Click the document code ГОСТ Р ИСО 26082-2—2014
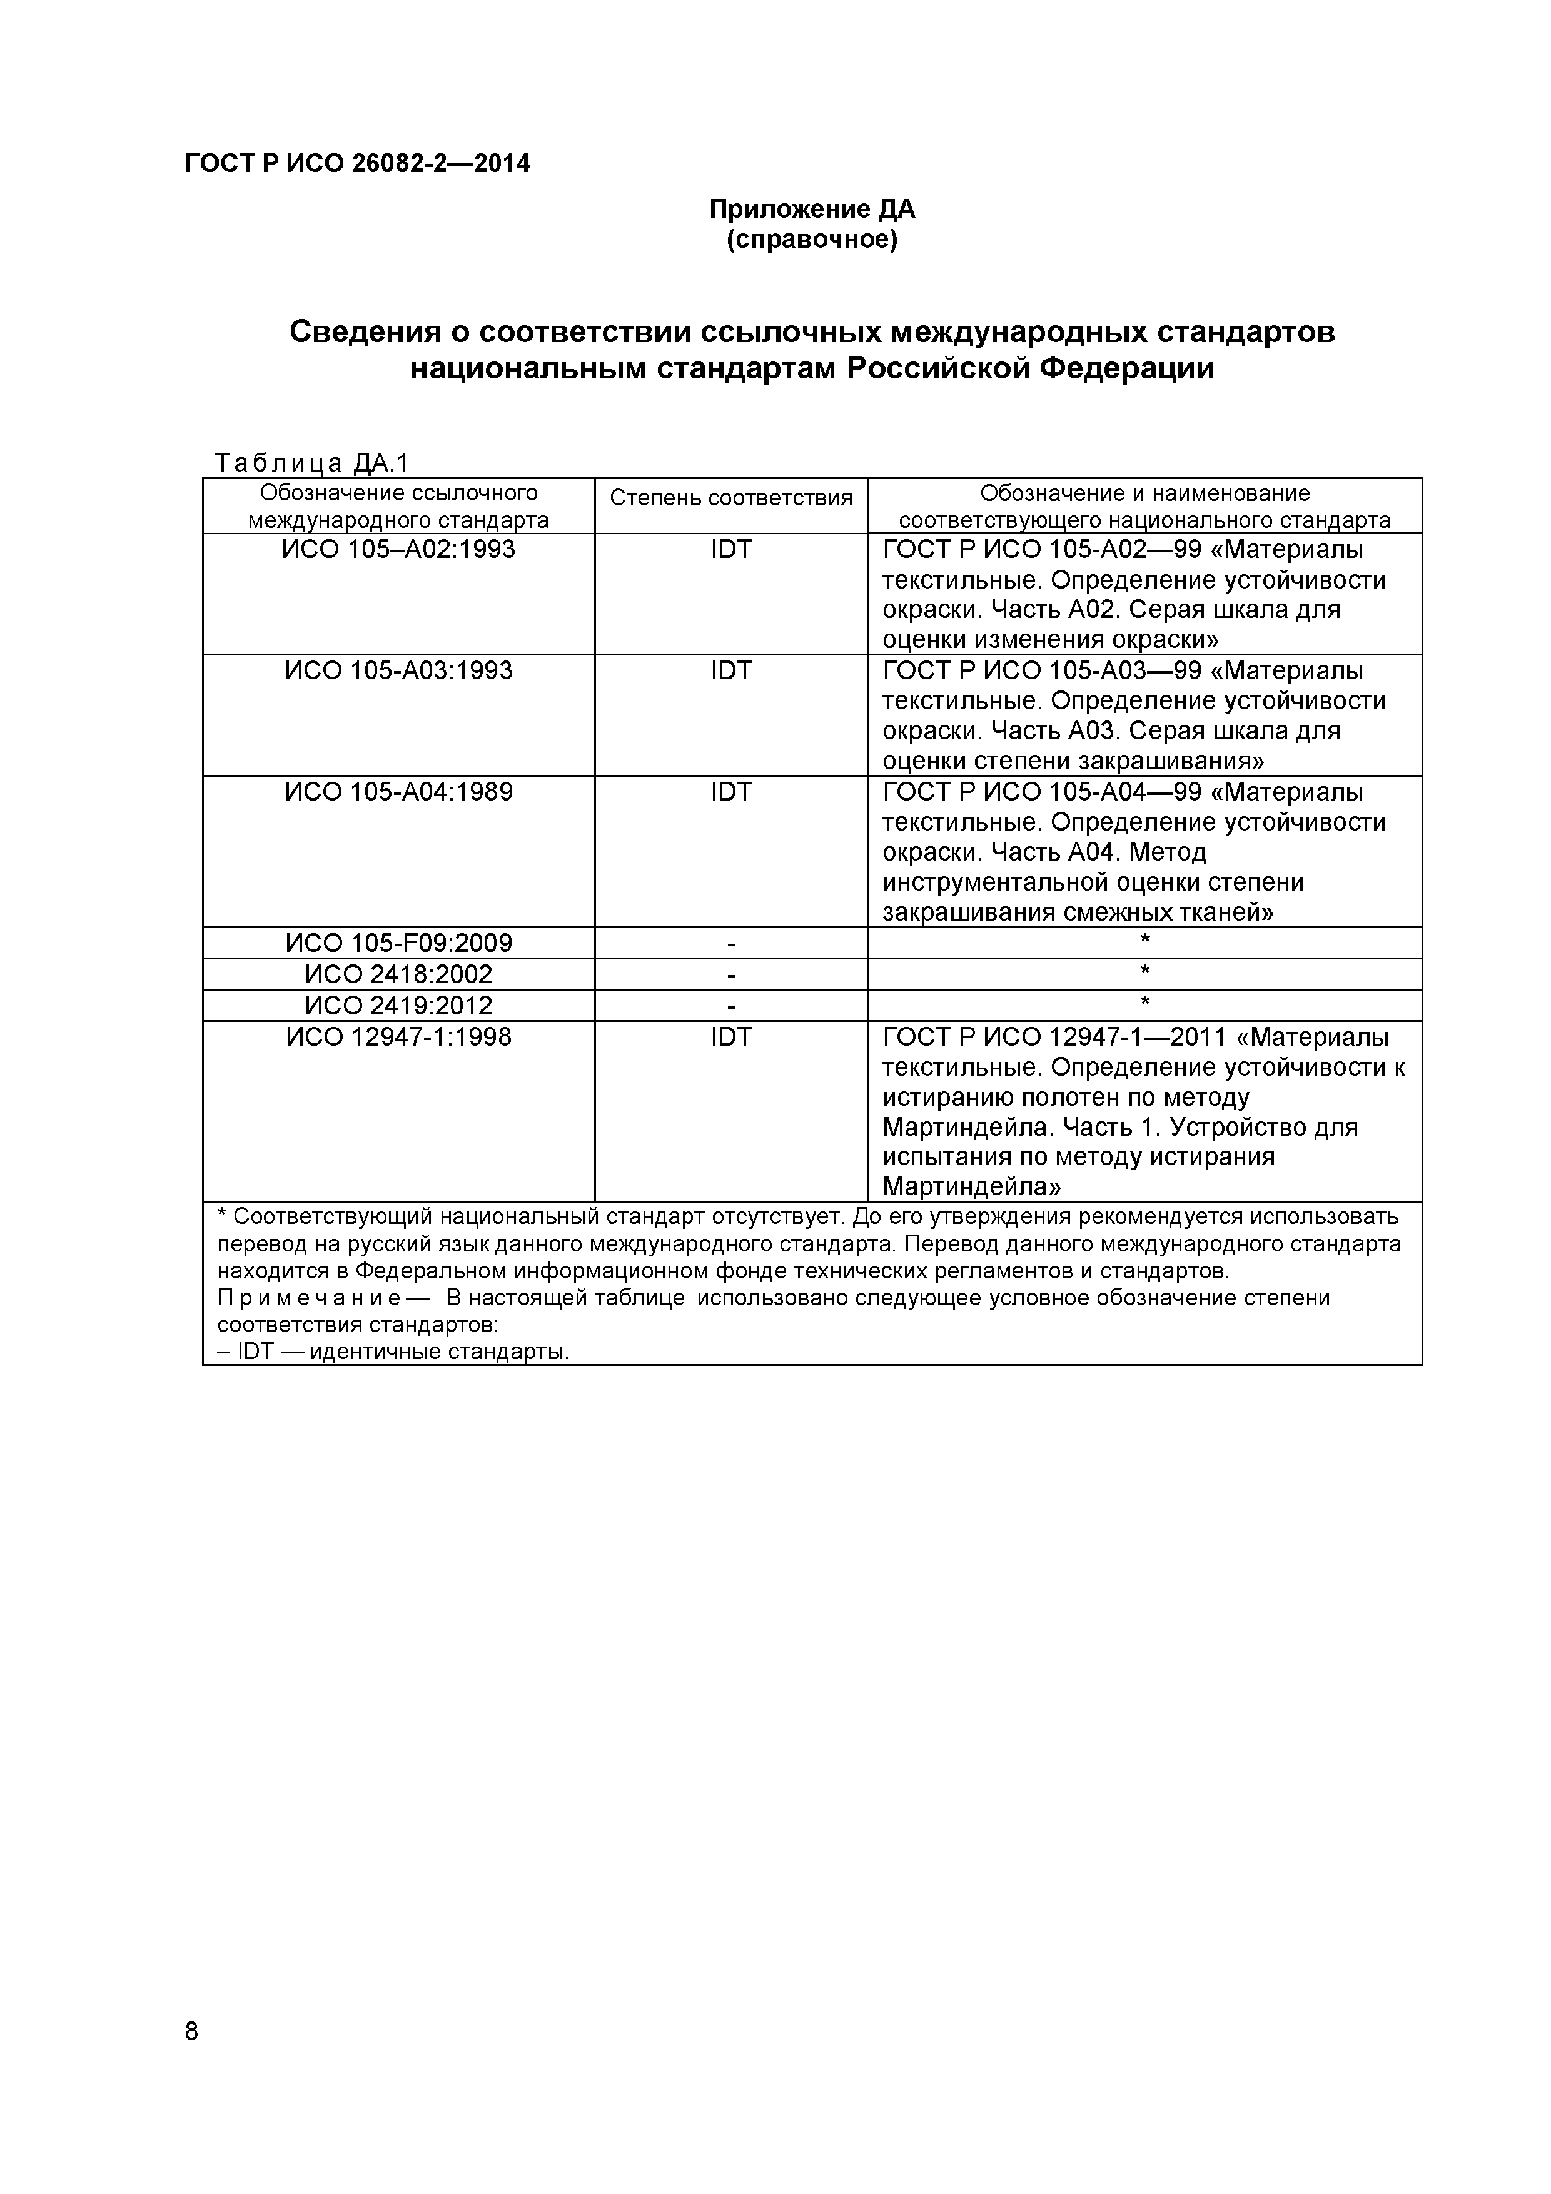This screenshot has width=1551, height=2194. click(357, 164)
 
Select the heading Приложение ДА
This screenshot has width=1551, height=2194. click(811, 210)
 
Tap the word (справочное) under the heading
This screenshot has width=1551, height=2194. click(811, 240)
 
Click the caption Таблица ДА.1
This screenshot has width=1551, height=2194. click(311, 463)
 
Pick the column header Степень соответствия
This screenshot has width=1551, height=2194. click(731, 498)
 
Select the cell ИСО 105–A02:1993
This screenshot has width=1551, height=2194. click(398, 550)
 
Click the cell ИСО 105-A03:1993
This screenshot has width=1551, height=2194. click(398, 671)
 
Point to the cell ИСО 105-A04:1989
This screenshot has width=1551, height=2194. click(398, 792)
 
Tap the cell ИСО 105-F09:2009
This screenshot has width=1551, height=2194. click(398, 943)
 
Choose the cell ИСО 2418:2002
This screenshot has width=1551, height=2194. click(398, 974)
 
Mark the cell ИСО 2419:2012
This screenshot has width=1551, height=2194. click(398, 1005)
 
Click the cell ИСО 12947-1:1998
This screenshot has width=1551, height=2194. click(398, 1037)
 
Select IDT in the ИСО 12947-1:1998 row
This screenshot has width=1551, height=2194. click(731, 1037)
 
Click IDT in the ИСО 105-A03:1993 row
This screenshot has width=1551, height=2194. click(731, 671)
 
